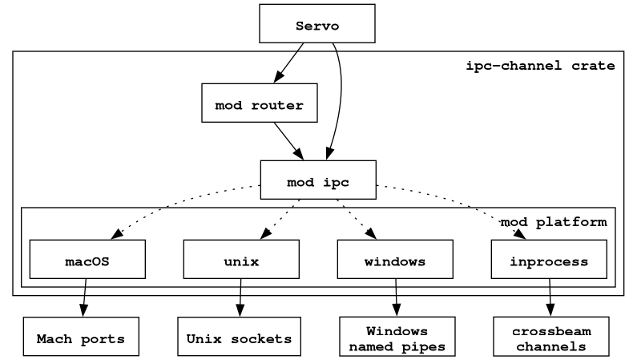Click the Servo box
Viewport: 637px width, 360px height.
(316, 23)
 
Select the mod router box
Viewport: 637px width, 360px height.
(259, 103)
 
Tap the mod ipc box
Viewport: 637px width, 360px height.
(318, 180)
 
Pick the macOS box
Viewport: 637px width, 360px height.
(87, 259)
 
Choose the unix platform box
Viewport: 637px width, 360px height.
(241, 259)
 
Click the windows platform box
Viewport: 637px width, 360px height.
(395, 259)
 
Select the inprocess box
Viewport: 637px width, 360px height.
(549, 259)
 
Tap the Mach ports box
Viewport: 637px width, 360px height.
(81, 337)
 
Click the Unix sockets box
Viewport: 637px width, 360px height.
(240, 337)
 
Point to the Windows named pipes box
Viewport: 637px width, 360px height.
(397, 337)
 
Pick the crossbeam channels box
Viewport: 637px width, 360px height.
(551, 337)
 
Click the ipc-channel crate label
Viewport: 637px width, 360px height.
(540, 66)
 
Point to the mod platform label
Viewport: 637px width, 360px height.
(554, 222)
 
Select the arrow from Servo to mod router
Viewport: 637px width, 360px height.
(288, 63)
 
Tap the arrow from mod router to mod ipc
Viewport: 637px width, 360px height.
(288, 141)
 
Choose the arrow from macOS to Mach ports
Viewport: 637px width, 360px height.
(84, 297)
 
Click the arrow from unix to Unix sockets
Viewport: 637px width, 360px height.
(240, 297)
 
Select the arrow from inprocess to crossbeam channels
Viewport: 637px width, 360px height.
(550, 297)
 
